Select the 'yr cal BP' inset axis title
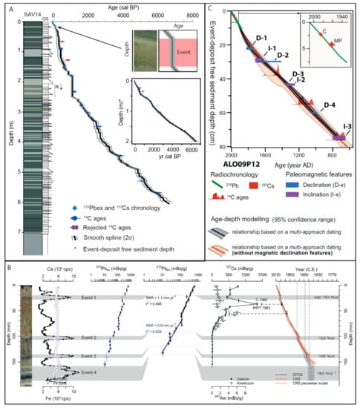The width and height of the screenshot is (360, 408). click(163, 157)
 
